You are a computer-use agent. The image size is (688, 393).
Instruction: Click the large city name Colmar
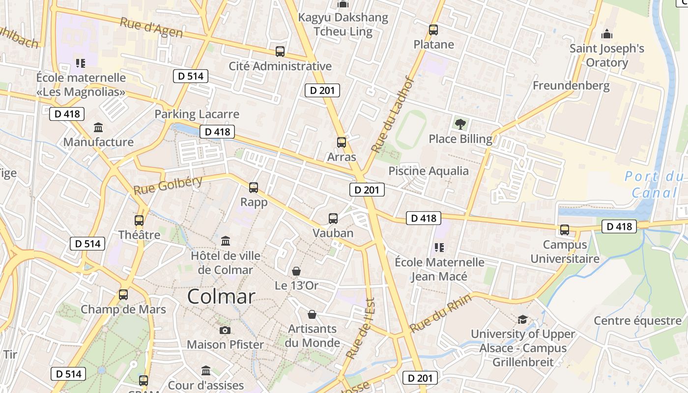pos(221,297)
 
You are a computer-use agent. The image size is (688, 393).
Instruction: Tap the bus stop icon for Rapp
pos(254,187)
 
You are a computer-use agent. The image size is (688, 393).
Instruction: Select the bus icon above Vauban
pos(333,219)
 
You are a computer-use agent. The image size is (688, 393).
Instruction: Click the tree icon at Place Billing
pos(460,124)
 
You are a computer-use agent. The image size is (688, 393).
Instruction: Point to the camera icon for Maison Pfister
pos(225,330)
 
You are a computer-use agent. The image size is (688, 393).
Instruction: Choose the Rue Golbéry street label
pos(168,185)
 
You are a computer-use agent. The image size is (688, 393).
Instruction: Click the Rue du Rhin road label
pos(441,312)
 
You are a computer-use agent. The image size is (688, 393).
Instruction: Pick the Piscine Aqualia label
pos(429,171)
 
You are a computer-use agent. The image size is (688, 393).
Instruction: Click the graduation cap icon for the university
pos(522,320)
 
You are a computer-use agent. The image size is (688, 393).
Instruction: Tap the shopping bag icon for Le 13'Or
pos(296,271)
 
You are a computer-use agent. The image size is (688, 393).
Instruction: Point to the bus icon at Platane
pos(433,29)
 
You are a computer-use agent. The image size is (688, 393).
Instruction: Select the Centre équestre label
pos(638,321)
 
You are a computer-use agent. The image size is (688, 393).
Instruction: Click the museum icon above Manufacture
pos(98,128)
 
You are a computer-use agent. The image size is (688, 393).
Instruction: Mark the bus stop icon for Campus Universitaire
pos(565,229)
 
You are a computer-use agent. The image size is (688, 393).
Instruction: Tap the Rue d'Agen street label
pos(151,28)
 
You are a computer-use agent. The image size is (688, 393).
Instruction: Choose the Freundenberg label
pos(571,85)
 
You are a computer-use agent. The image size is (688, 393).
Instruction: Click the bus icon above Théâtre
pos(139,221)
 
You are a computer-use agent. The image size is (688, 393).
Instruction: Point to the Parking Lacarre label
pos(197,114)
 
